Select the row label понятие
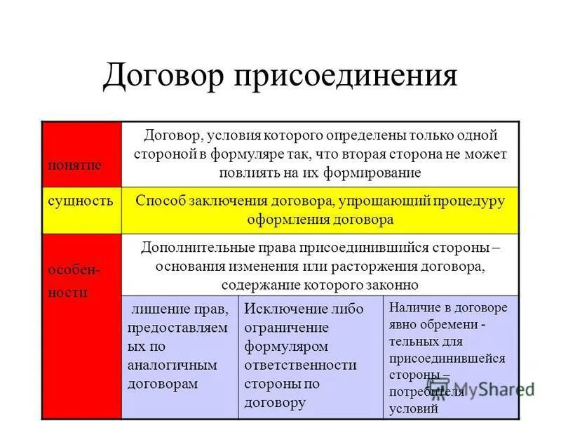(x=74, y=165)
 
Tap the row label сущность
(x=80, y=201)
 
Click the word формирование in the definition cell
(x=375, y=172)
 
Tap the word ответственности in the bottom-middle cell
(x=300, y=365)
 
